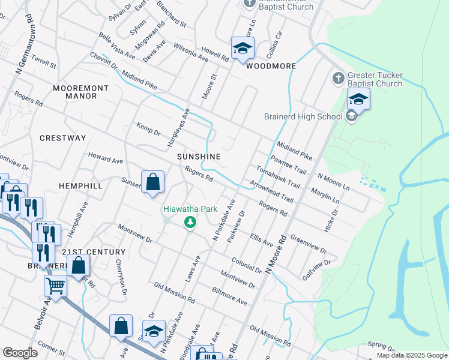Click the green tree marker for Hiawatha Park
(x=190, y=223)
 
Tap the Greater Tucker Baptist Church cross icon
(x=338, y=79)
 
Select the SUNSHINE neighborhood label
(x=199, y=157)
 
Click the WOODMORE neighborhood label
(x=271, y=66)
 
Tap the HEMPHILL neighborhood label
(x=80, y=187)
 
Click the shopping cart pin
(x=56, y=286)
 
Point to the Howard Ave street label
(x=105, y=160)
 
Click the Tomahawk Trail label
(x=278, y=177)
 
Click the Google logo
(x=20, y=353)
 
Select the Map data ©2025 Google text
(x=411, y=355)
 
